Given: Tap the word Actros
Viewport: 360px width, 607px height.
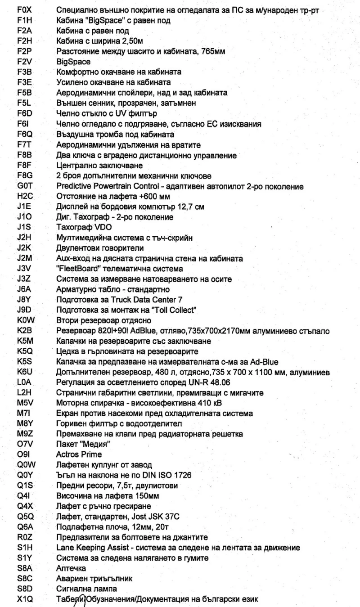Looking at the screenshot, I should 67,454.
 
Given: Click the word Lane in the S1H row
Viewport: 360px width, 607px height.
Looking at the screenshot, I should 64,547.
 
